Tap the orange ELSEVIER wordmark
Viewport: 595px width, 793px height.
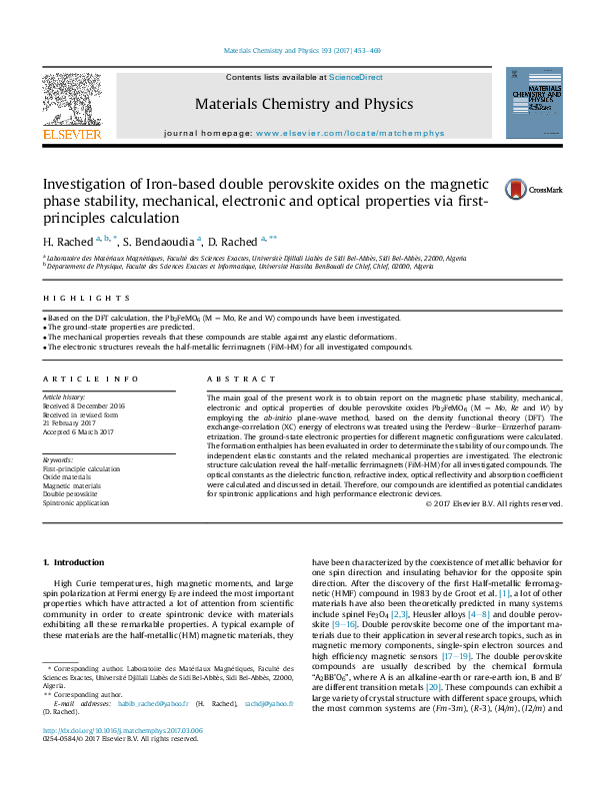pyautogui.click(x=71, y=133)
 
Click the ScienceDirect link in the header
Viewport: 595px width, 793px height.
pyautogui.click(x=356, y=77)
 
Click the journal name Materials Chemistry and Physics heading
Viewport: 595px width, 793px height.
pyautogui.click(x=290, y=104)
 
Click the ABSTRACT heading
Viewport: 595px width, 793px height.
pyautogui.click(x=237, y=380)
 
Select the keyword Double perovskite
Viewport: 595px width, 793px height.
pyautogui.click(x=70, y=494)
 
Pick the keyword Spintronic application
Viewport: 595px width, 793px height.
pyautogui.click(x=76, y=503)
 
